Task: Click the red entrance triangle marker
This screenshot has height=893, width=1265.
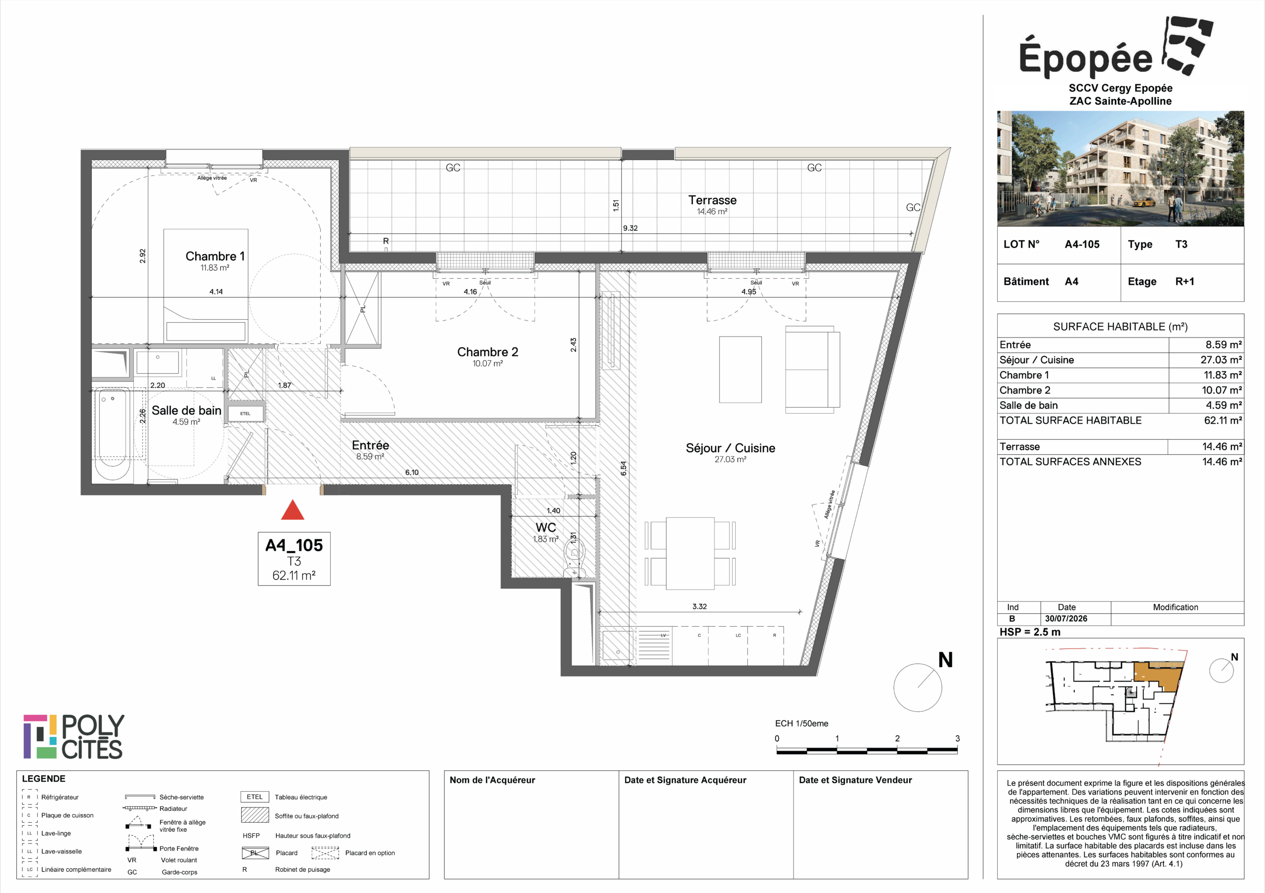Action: coord(293,510)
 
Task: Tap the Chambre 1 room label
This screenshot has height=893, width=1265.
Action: coord(215,256)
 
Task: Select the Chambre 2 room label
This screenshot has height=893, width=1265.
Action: coord(488,352)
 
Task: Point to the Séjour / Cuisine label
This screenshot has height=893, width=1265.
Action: coord(730,448)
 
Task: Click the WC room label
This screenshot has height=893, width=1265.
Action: coord(546,527)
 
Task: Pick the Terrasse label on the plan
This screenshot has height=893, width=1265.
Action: coord(713,200)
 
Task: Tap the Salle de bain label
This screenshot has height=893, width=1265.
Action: coord(186,410)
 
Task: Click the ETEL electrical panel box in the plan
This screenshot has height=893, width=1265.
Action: coord(246,413)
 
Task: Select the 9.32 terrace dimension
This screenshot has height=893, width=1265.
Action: coord(631,228)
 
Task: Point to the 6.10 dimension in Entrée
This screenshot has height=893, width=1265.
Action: coord(412,472)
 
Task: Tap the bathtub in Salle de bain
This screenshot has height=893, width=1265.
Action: coord(113,433)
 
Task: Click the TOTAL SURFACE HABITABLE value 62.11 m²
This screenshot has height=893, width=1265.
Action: coord(1223,421)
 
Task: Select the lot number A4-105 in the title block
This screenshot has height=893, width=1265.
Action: coord(1082,244)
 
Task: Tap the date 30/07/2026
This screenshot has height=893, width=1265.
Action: coord(1066,619)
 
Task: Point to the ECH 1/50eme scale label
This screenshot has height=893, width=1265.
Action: coord(801,723)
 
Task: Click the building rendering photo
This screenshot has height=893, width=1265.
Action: coord(1120,169)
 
